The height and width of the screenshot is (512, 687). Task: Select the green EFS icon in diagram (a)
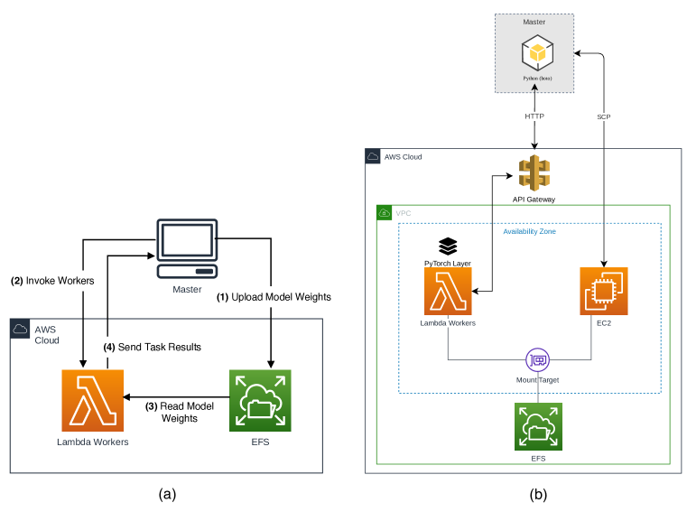click(260, 400)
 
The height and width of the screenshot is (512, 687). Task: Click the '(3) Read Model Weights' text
click(180, 413)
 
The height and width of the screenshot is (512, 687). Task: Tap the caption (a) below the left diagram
click(166, 494)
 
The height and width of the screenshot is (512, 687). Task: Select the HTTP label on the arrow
click(536, 116)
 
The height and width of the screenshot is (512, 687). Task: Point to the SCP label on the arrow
click(604, 116)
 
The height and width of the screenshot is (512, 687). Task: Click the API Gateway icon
click(534, 172)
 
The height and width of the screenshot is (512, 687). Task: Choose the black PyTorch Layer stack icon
click(448, 246)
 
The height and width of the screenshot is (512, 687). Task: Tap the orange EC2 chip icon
click(603, 291)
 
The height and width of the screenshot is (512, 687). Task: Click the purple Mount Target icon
click(539, 360)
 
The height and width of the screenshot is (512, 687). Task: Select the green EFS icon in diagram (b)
click(538, 427)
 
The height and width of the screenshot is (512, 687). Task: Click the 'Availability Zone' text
click(529, 231)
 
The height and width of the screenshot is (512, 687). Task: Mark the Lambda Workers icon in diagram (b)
click(448, 291)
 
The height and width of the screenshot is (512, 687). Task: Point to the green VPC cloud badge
click(384, 213)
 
